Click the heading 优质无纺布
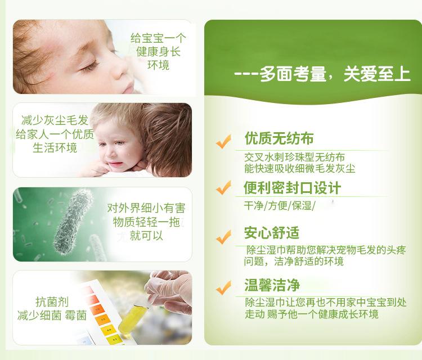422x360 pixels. point(279,138)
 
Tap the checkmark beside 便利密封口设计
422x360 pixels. point(223,187)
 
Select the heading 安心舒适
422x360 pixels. point(272,233)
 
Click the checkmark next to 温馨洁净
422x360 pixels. point(223,287)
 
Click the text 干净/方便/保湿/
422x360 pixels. point(280,206)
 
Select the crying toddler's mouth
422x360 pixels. point(115,164)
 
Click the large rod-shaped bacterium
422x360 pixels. point(73,222)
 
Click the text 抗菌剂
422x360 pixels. point(52,301)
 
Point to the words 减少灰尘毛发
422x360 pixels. point(55,120)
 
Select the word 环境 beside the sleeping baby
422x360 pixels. point(158,65)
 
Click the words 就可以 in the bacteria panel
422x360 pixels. point(146,236)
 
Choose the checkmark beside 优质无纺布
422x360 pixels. point(223,141)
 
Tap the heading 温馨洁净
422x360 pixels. point(272,285)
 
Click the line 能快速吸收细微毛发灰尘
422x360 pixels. point(300,169)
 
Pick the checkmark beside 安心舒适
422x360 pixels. point(223,237)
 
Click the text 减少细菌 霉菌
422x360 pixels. point(52,316)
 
